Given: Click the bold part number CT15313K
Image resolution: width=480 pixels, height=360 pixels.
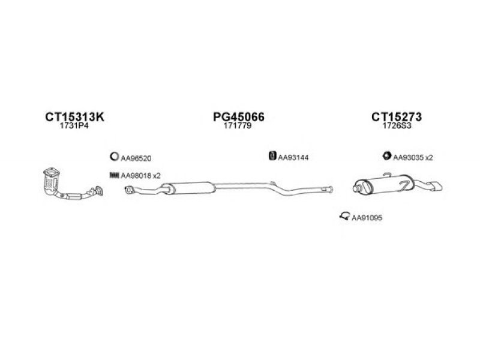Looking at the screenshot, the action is [74, 116].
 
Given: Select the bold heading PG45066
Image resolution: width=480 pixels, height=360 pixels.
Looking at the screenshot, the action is [238, 116].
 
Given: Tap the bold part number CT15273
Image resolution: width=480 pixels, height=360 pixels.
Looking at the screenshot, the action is [397, 116].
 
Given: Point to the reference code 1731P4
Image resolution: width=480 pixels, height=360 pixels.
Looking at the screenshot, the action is [74, 126].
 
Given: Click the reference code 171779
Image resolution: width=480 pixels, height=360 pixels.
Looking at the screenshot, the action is [238, 126].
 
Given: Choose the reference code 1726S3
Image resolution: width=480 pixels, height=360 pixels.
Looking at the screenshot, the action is [397, 126].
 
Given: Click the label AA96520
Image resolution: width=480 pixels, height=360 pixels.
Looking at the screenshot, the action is [136, 158].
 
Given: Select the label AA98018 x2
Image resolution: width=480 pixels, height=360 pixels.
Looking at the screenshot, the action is [140, 176].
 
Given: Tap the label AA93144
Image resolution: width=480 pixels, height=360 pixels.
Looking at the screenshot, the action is [293, 157].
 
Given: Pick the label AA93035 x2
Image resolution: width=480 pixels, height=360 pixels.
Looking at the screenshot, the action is [413, 157].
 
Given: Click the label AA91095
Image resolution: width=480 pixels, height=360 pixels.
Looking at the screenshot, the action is [367, 218].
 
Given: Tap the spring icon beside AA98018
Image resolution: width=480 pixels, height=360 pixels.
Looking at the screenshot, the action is [114, 175].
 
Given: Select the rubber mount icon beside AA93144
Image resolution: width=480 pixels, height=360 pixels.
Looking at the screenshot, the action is [272, 156].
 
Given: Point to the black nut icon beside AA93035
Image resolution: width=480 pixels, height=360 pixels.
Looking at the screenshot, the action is [387, 155].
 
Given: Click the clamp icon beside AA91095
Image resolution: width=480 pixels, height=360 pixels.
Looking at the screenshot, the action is [344, 216].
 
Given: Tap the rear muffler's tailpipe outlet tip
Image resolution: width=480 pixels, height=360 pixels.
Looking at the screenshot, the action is [438, 187].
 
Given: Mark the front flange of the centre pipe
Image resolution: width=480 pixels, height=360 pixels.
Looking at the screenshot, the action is [129, 190].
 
